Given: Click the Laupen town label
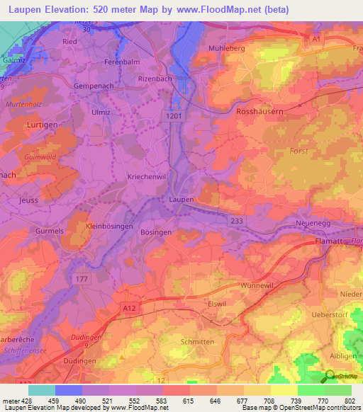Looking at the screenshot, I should pyautogui.click(x=181, y=200).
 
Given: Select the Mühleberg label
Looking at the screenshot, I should pyautogui.click(x=226, y=48).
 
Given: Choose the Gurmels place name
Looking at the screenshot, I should pyautogui.click(x=50, y=231).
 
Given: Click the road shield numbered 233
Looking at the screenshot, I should pyautogui.click(x=237, y=221).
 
